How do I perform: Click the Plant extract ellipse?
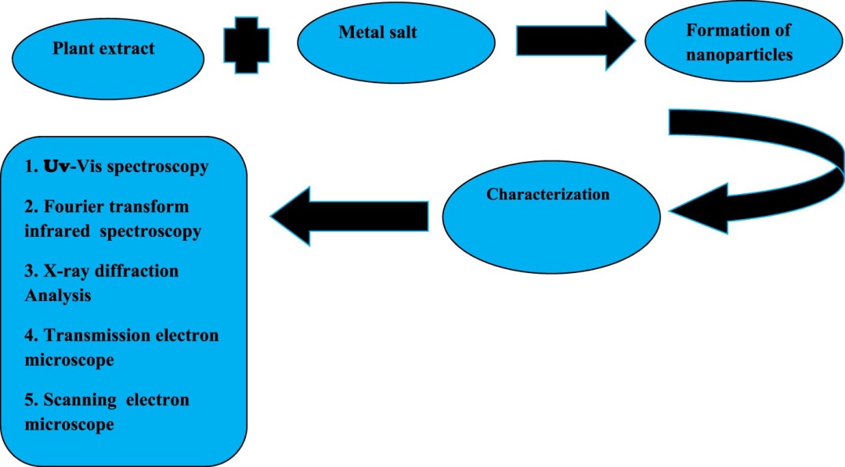click(108, 58)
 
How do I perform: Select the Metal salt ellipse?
click(396, 44)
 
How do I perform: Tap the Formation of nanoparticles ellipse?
click(744, 44)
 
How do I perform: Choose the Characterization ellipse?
click(551, 217)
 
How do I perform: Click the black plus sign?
click(246, 45)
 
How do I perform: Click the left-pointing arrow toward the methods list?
click(349, 216)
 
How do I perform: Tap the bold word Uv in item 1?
click(56, 167)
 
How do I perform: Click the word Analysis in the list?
click(58, 296)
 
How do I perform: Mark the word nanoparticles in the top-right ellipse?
click(739, 54)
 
